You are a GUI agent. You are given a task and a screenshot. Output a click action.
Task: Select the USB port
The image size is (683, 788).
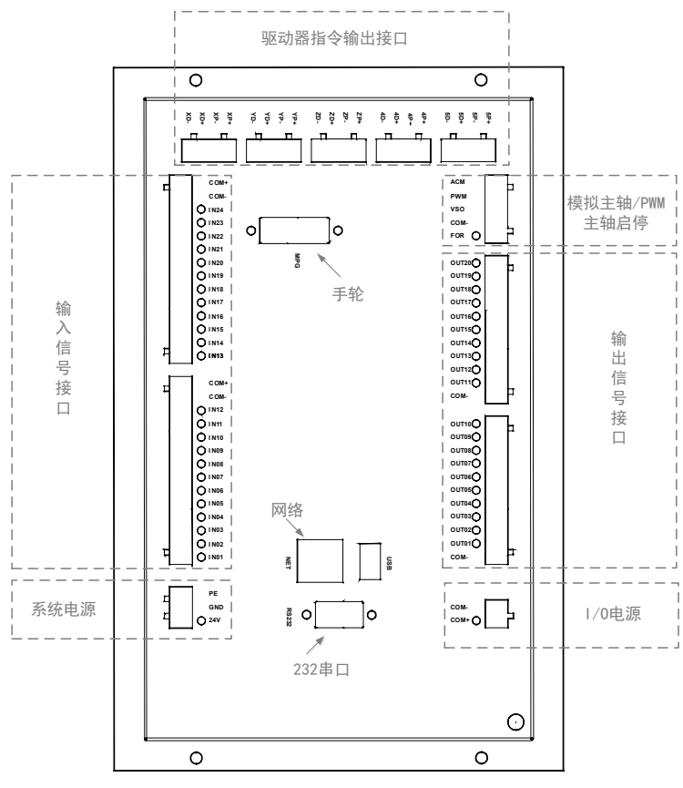(370, 559)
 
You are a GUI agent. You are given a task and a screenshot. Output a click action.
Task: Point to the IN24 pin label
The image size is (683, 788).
(216, 210)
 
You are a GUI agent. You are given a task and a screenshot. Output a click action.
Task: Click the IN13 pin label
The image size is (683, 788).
(216, 355)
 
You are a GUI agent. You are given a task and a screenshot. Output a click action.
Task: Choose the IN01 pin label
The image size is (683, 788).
(216, 556)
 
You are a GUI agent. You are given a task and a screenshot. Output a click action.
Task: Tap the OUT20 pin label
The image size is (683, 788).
(459, 262)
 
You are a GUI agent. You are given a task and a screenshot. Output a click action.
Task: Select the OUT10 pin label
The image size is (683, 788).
(459, 424)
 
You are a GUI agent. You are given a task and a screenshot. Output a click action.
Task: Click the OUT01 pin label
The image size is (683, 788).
(459, 544)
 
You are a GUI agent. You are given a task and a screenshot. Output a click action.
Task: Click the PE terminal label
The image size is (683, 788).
(213, 593)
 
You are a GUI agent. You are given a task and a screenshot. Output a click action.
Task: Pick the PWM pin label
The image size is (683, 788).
(457, 195)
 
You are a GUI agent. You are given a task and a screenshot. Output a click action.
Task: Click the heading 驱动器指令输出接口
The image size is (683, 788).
(341, 40)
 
